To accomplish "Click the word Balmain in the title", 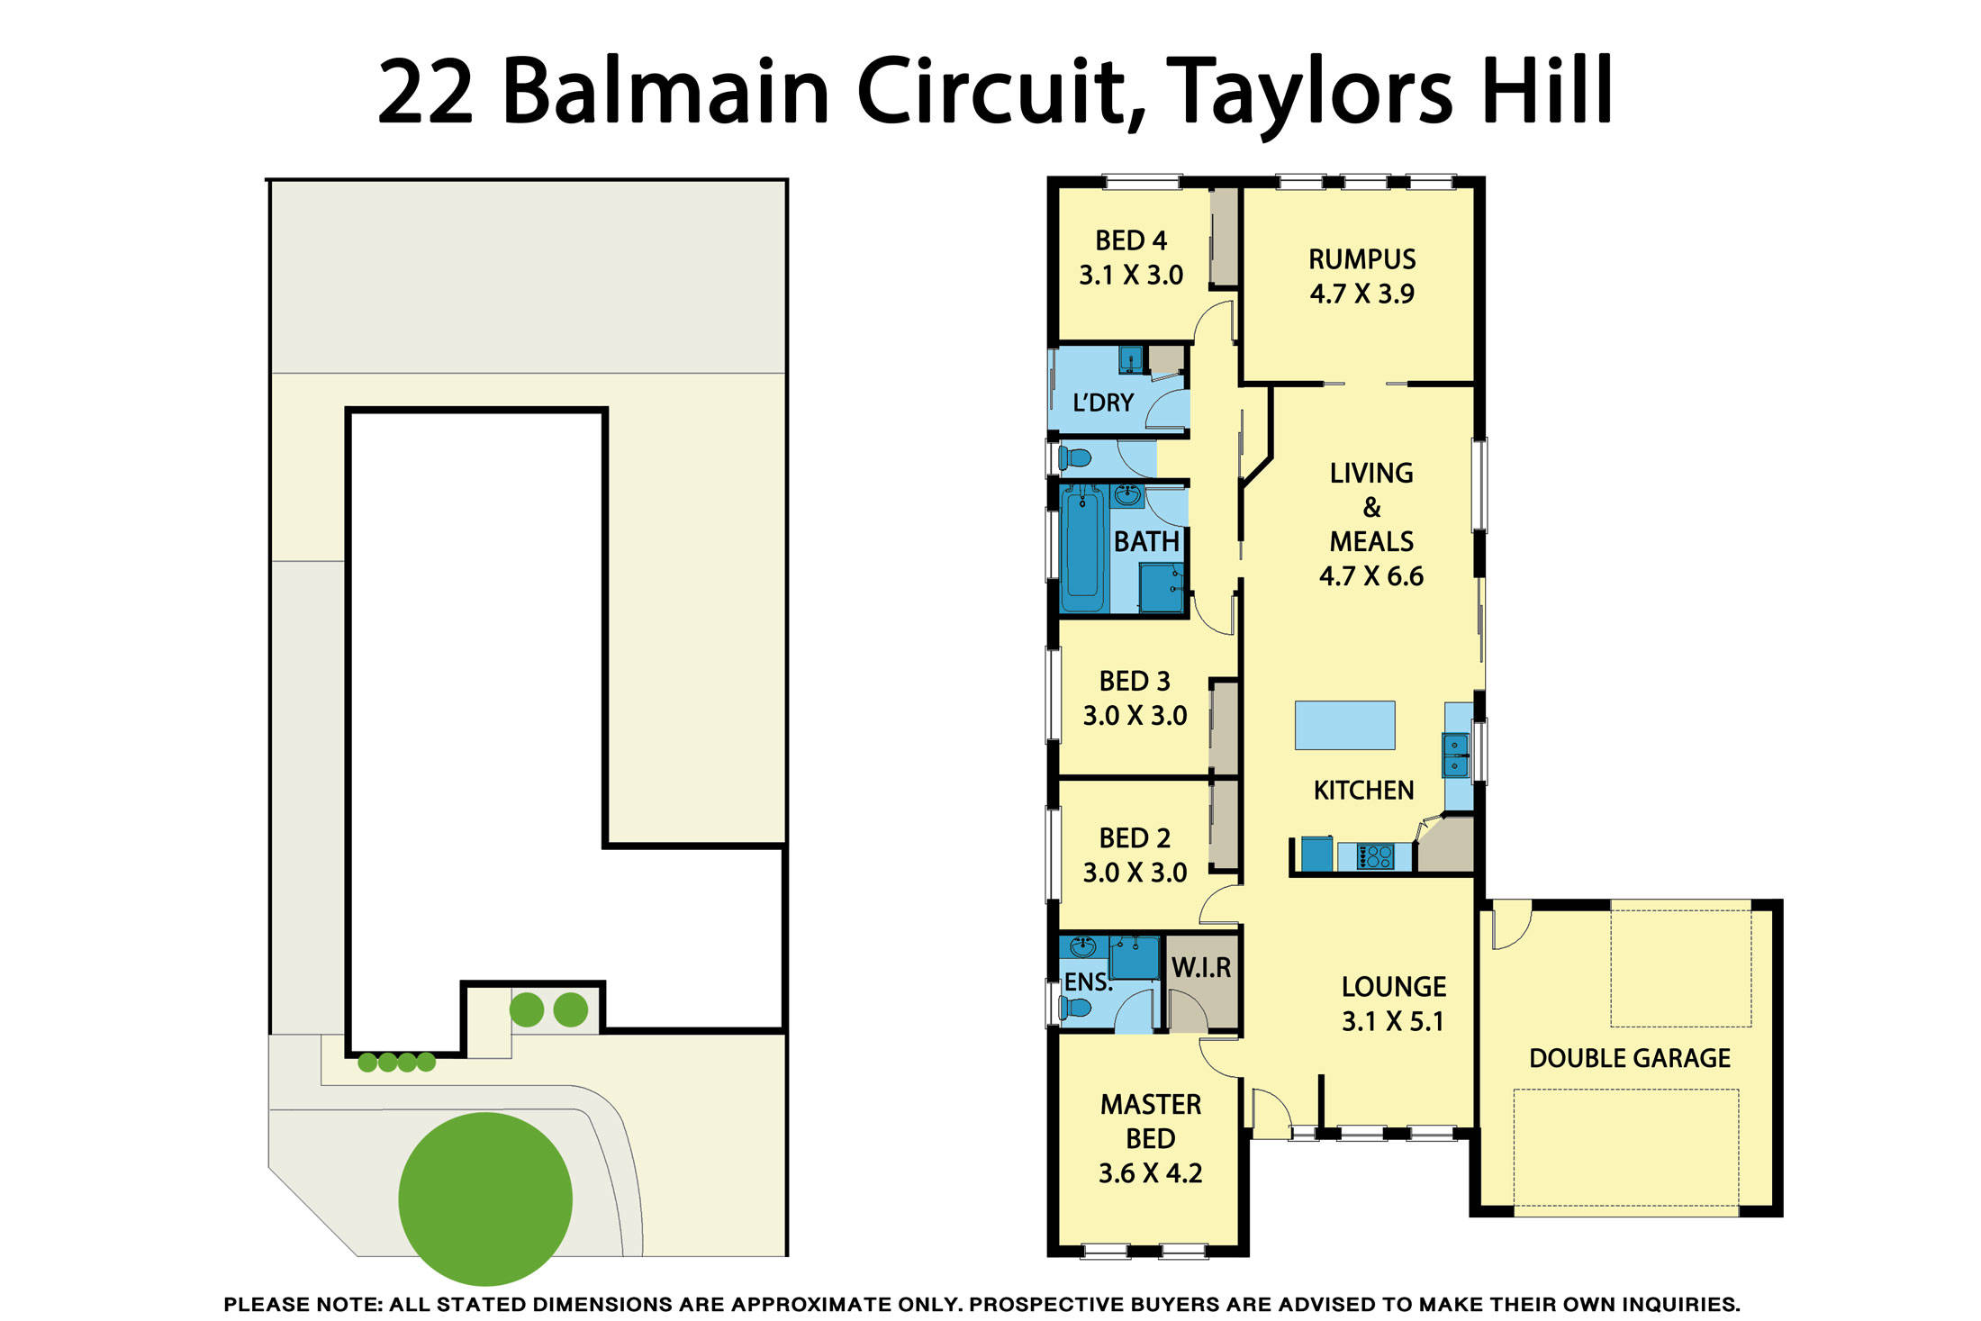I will coord(665,92).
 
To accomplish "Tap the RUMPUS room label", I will coord(1361,259).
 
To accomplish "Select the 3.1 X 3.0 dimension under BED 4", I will coord(1131,275).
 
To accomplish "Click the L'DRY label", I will coord(1103,403).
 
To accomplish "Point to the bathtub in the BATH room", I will coord(1082,547).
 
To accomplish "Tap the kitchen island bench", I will coord(1344,726).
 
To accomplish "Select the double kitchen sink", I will coord(1455,756).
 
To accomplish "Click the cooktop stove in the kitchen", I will coord(1375,856).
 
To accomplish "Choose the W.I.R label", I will coord(1201,968).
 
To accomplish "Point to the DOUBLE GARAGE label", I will coord(1629,1058).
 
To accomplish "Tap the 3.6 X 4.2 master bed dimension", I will coord(1150,1173).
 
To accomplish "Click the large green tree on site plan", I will coord(485,1199).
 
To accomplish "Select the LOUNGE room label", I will coord(1393,987).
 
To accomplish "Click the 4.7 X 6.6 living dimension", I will coord(1370,576).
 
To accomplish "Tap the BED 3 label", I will coord(1135,681).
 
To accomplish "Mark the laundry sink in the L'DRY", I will coord(1130,360).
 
